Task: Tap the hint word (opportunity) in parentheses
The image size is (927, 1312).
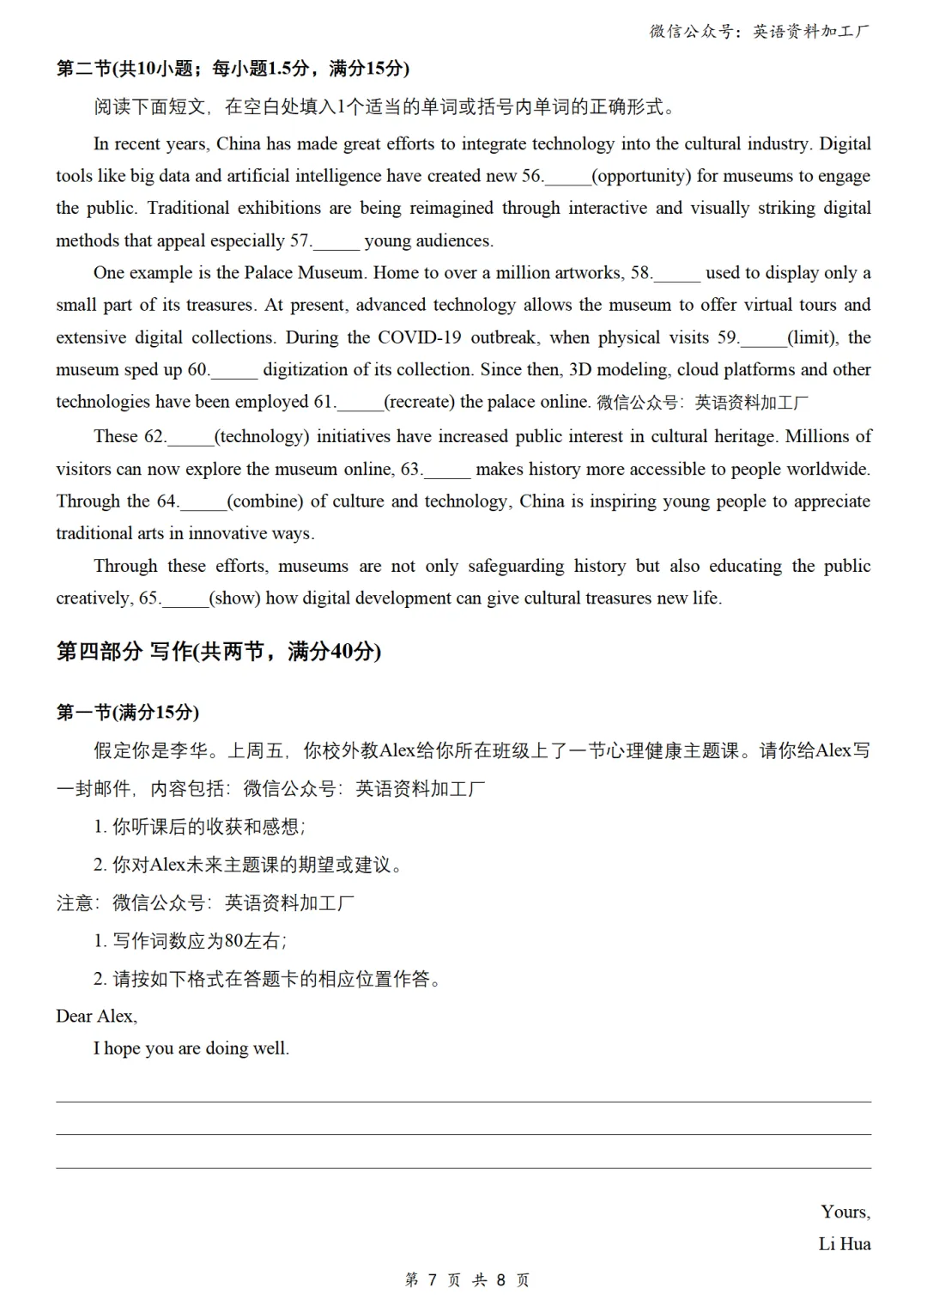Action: click(641, 176)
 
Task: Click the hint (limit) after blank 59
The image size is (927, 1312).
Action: click(814, 337)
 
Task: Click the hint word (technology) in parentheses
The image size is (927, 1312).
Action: click(262, 437)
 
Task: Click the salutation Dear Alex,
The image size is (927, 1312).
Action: click(97, 1017)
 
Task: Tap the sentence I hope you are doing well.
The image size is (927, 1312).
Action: click(191, 1048)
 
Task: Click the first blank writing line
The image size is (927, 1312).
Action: click(463, 1101)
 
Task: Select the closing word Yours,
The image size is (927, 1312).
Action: click(845, 1212)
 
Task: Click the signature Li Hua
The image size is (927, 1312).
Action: click(845, 1244)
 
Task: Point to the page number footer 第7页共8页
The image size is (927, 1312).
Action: click(467, 1280)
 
